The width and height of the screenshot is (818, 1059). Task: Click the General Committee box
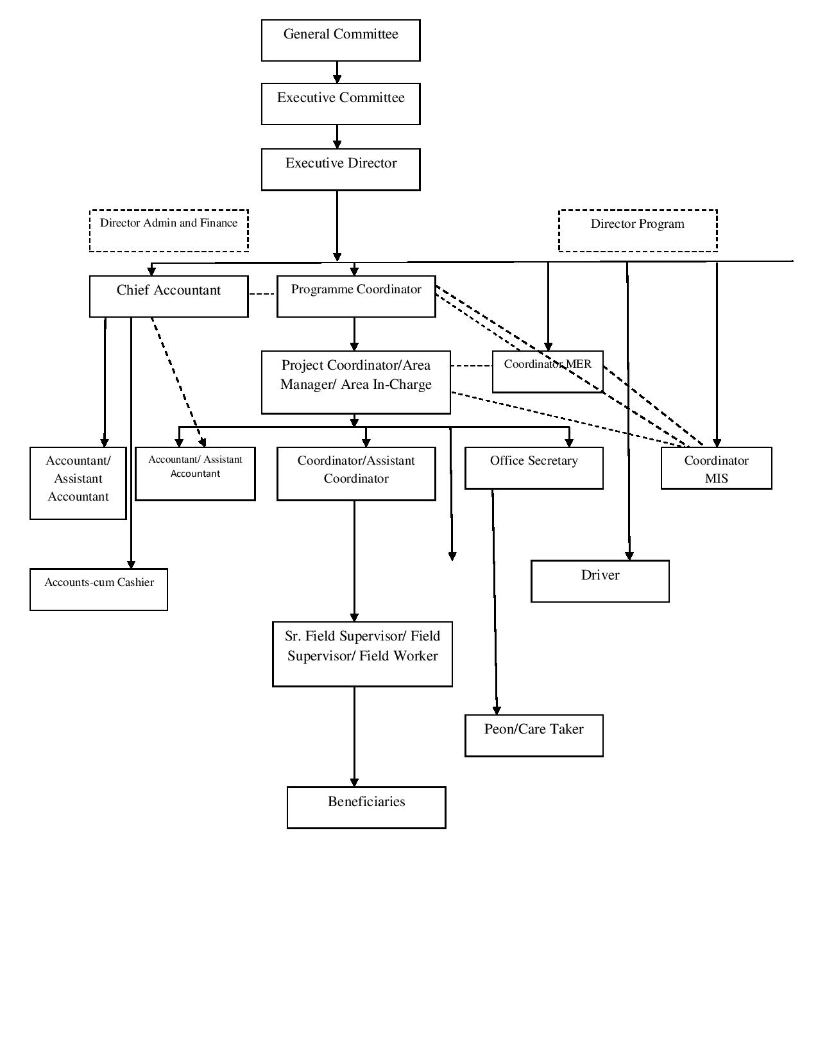tap(341, 40)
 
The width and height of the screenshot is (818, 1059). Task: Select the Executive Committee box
tap(341, 104)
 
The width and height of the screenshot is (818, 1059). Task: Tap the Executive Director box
tap(341, 169)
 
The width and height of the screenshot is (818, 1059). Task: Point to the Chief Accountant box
tap(169, 297)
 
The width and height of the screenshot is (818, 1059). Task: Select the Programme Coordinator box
tap(356, 297)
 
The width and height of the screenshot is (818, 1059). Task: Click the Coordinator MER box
tap(548, 372)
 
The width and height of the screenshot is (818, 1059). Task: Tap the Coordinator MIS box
tap(716, 468)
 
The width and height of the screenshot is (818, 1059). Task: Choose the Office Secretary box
tap(534, 468)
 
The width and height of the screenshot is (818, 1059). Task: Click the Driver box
tap(600, 581)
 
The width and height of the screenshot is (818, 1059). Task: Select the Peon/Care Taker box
tap(534, 736)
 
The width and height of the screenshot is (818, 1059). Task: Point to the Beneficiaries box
tap(366, 807)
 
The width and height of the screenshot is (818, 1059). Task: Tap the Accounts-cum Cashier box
tap(99, 589)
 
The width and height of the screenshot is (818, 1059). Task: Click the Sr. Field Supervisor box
tap(362, 654)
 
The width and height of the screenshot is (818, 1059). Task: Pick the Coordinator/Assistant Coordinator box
tap(356, 474)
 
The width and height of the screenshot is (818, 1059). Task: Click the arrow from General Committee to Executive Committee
tap(337, 72)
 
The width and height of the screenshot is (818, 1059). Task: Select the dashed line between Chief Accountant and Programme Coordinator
tap(262, 294)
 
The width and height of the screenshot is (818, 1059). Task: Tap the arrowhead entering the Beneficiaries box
tap(354, 782)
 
